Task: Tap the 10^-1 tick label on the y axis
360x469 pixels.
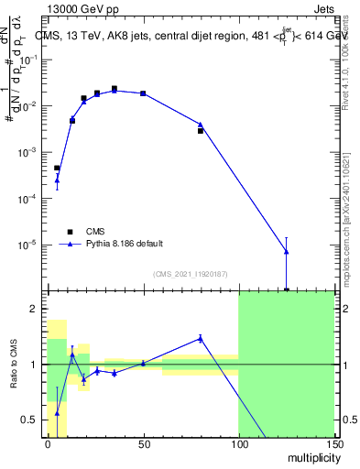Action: [29, 59]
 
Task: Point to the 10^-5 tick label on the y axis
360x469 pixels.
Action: [29, 245]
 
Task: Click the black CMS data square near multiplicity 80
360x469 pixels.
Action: [201, 131]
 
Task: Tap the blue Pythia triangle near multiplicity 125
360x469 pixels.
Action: [287, 251]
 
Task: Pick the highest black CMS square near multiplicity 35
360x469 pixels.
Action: [115, 89]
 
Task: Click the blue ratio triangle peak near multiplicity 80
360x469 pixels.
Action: [201, 338]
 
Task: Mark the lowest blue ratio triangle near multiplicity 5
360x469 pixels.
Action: [57, 413]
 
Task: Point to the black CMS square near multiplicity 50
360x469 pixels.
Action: [143, 93]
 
